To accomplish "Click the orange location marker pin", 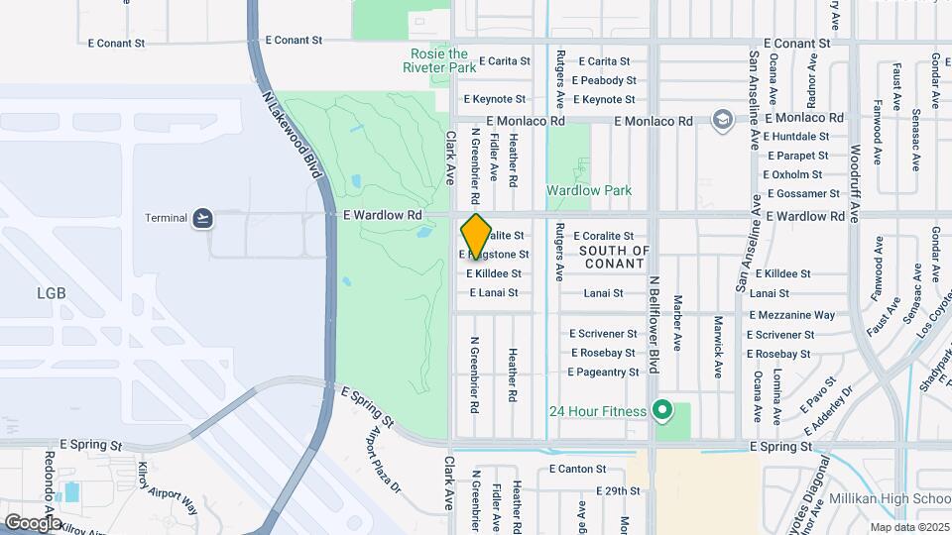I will point(476,236).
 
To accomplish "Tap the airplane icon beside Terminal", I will point(203,218).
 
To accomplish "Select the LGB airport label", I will point(51,293).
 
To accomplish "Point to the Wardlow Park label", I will point(589,190).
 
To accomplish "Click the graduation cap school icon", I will point(723,121).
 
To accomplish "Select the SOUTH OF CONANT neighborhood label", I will point(615,257).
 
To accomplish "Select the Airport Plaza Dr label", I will point(384,463).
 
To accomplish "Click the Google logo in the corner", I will point(32,522).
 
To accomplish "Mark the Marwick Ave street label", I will point(717,347).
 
